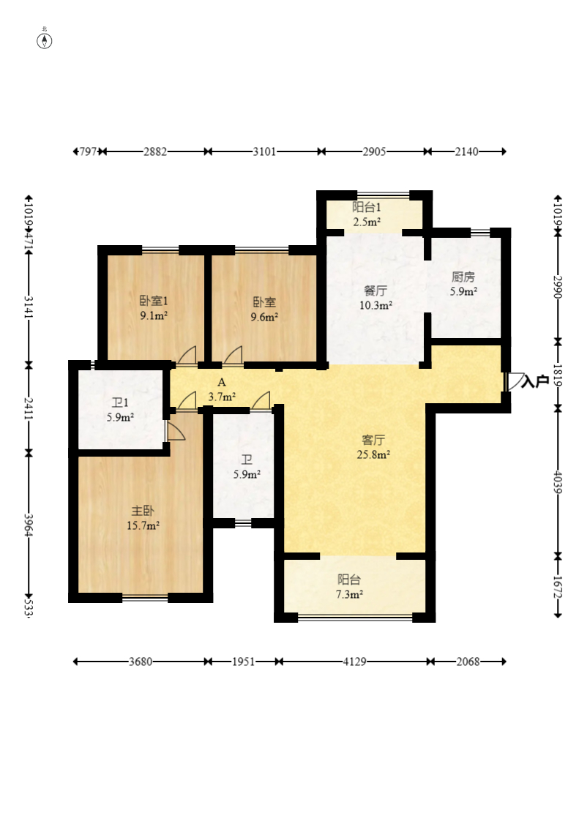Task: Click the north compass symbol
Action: pos(45,40)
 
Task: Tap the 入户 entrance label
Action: pos(535,381)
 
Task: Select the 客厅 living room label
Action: pos(373,440)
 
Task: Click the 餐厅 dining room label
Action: pos(376,291)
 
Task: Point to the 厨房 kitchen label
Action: pos(463,277)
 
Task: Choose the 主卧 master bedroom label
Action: pos(143,511)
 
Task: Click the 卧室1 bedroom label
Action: pos(154,301)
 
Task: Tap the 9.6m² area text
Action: pos(264,317)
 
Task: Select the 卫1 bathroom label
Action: pos(120,402)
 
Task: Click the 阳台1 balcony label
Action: pos(367,207)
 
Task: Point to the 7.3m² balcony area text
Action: pos(349,594)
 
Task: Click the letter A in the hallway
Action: pos(222,383)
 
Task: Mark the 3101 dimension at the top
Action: pos(264,151)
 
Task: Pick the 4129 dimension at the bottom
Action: pos(354,662)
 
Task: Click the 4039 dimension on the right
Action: pos(558,482)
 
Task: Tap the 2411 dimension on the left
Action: pos(29,408)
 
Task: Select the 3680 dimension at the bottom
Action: pos(141,662)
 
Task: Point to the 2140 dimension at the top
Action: pos(466,151)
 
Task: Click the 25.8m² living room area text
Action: pos(373,454)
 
